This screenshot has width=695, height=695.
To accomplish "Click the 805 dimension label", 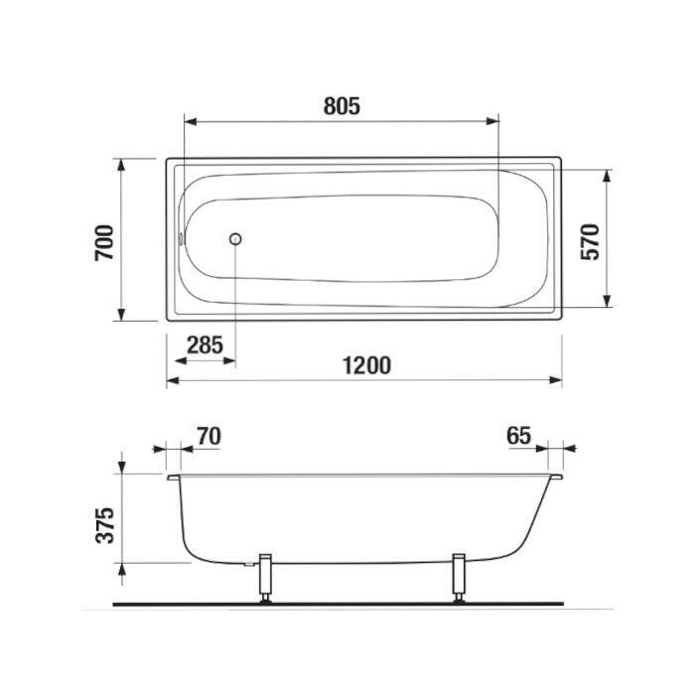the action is (x=342, y=106).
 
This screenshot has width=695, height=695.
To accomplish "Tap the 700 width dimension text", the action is (x=104, y=243).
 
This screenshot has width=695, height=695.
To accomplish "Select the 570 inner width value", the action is (x=591, y=242).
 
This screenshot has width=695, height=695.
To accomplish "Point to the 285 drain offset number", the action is (x=205, y=345).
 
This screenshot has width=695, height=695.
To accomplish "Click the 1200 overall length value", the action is (x=367, y=365).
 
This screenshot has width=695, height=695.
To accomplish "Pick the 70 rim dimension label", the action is (x=208, y=436).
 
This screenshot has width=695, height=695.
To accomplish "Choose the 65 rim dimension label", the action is (x=518, y=436).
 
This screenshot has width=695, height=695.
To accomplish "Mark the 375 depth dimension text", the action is (x=105, y=525).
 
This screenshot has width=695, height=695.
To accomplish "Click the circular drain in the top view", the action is (x=235, y=239).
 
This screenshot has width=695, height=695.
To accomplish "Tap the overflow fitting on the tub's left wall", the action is (x=181, y=239).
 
